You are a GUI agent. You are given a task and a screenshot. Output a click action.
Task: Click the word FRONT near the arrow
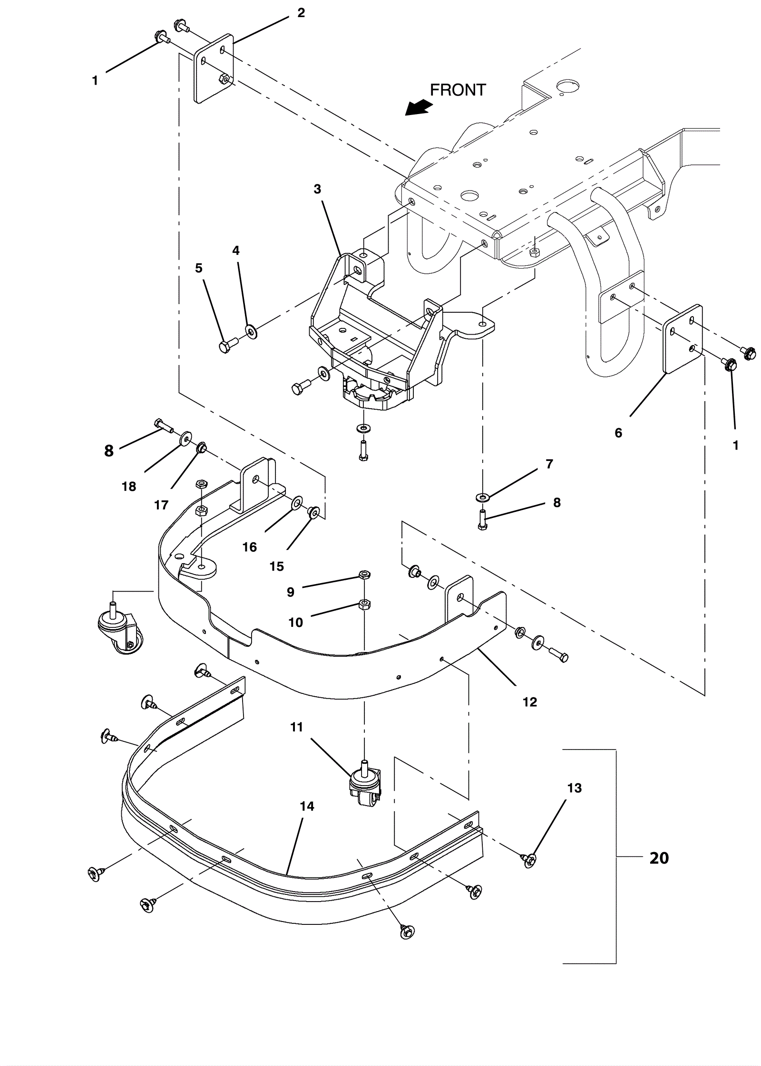[x=458, y=90]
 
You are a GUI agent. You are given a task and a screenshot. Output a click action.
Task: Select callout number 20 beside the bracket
[x=659, y=858]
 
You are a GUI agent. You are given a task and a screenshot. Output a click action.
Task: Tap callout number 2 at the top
[x=301, y=13]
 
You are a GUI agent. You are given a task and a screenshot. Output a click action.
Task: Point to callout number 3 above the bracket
[x=317, y=189]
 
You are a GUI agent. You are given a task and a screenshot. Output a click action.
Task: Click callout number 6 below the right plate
[x=618, y=432]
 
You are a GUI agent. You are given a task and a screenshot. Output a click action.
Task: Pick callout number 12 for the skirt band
[x=529, y=702]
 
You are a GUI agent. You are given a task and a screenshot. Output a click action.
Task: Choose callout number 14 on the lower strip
[x=307, y=806]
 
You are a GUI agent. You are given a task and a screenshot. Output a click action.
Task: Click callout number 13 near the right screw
[x=575, y=788]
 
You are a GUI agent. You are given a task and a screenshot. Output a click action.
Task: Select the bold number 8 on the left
[x=109, y=451]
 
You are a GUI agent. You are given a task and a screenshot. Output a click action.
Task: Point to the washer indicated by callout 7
[x=482, y=498]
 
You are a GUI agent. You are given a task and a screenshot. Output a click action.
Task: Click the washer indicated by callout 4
[x=251, y=330]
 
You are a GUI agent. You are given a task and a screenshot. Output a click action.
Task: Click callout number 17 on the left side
[x=161, y=505]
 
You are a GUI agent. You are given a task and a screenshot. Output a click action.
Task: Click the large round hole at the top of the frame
[x=567, y=86]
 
